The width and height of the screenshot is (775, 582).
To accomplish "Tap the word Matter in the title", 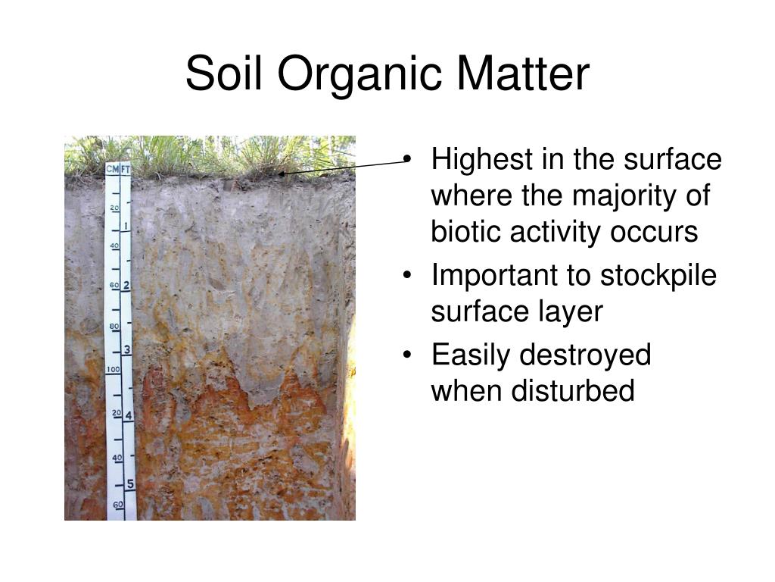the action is pos(523,74).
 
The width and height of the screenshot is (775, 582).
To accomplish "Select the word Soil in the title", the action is pos(224,74).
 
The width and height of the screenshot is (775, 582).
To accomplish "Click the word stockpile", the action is pos(658,276).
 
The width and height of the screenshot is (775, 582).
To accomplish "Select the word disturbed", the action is pos(572,390).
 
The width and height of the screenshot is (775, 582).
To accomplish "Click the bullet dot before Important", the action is pos(406,275).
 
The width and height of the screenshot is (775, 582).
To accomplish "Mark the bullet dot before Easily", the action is pos(406,355).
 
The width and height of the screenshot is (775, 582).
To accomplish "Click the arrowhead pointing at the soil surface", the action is pos(282,174).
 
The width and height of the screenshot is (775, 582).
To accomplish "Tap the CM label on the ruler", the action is pos(112,169).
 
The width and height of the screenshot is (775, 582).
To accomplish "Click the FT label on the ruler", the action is pos(126,169).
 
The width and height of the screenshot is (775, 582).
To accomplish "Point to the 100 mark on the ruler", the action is pos(113,369).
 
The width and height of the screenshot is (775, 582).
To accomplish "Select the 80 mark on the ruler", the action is pos(114,327).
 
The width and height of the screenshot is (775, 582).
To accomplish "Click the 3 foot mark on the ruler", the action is pos(127,350).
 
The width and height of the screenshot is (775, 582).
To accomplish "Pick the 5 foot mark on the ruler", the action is pos(130,483).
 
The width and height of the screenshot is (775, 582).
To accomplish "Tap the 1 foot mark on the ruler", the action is pos(126,226).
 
